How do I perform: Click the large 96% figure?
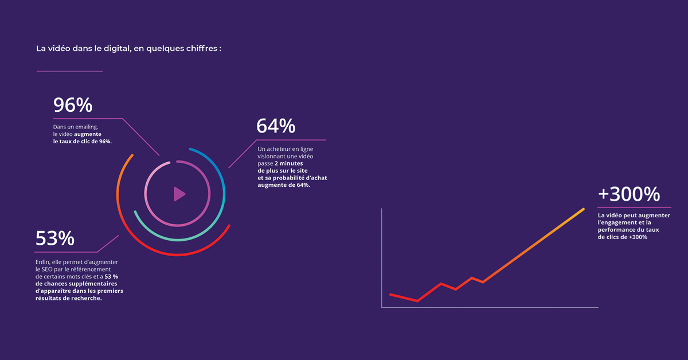click(x=73, y=105)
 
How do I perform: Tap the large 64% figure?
click(x=276, y=126)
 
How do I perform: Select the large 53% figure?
click(x=55, y=238)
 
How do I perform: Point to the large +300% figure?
click(x=629, y=194)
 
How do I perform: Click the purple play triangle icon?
click(x=179, y=194)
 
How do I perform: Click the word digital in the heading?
click(x=117, y=49)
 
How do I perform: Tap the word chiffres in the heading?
click(x=201, y=49)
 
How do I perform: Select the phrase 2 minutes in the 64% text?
click(x=289, y=163)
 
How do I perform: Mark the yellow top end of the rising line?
click(x=583, y=209)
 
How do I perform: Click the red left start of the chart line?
click(x=390, y=295)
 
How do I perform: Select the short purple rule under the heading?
click(x=70, y=71)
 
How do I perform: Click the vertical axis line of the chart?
click(x=382, y=258)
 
